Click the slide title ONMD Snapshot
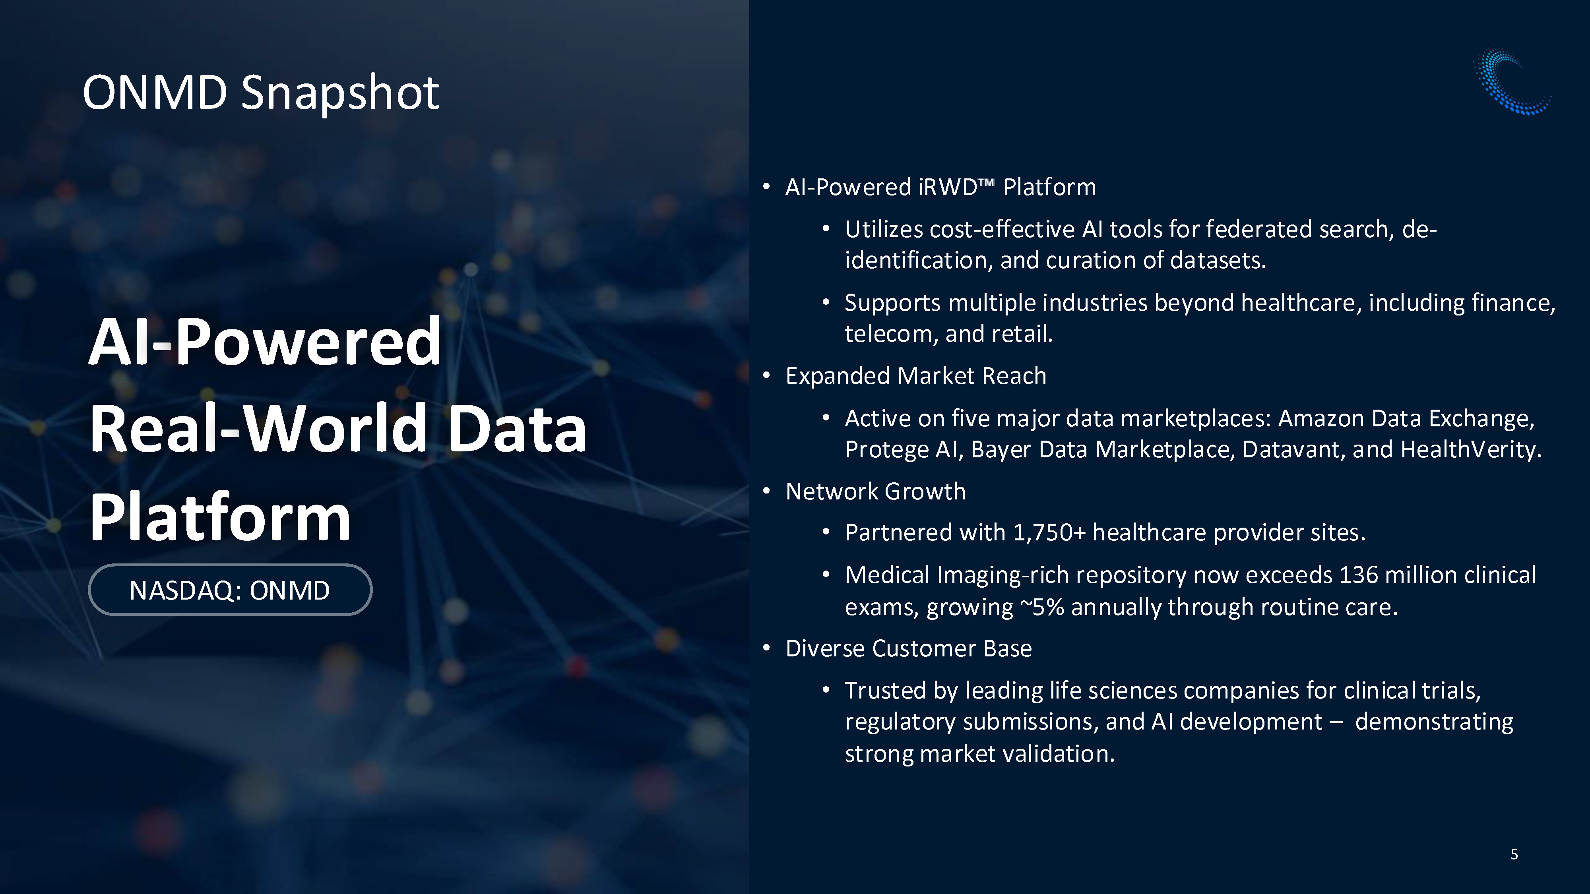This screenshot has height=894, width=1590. (260, 93)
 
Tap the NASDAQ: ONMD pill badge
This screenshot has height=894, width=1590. (230, 590)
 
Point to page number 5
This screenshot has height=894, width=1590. (1514, 854)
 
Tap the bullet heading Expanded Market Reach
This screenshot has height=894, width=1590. (916, 376)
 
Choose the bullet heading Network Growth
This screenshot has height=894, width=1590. (875, 492)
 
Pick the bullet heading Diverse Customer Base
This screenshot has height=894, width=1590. (909, 648)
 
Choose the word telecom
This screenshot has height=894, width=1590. (891, 334)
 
